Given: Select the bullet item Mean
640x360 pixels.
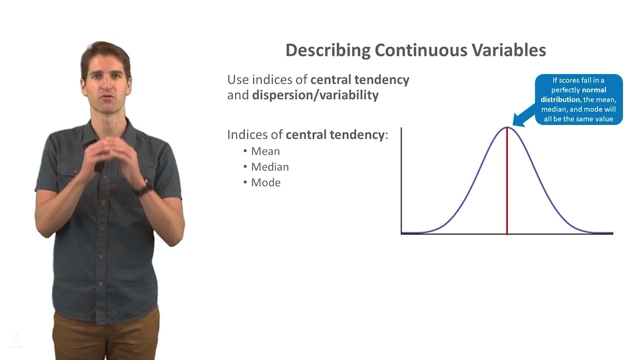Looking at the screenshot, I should coord(265,151).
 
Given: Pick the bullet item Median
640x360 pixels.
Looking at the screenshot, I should coord(269,166).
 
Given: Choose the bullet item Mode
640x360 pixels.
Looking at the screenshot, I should coord(265,182).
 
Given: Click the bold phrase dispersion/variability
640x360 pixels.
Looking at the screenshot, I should coord(315,95).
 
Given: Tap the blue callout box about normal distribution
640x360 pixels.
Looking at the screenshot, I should coord(579,99).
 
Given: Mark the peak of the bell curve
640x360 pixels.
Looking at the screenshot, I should coord(507,127).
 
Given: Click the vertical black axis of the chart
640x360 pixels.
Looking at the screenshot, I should coord(401,180).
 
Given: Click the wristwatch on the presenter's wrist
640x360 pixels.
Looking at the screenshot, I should coord(143,188).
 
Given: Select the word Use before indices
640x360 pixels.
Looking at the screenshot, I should coord(238,79).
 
